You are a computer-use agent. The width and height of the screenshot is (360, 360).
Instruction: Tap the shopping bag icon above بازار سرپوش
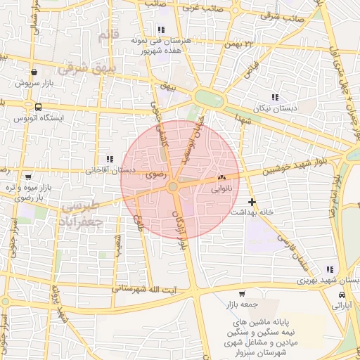34,72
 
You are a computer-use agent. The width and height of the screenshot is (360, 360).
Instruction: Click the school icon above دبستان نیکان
274,98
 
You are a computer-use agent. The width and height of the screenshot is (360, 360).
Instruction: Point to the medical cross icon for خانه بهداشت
252,202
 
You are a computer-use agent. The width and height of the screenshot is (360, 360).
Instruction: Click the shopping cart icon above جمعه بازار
242,293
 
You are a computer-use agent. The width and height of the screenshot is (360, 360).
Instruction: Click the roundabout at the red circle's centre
173,186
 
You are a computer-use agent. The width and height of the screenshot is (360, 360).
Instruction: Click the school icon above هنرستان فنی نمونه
161,30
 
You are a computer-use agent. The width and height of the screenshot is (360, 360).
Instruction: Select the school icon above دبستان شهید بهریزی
330,269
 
